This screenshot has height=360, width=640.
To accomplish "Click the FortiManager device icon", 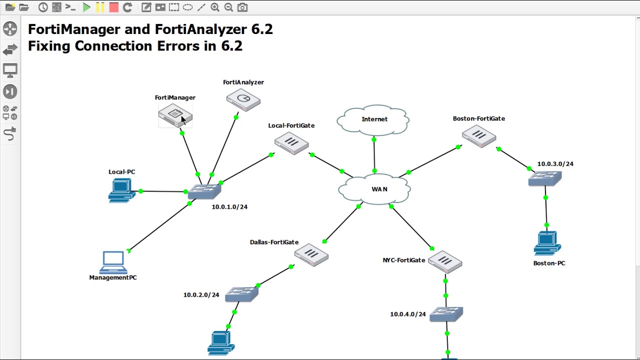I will pos(174,115).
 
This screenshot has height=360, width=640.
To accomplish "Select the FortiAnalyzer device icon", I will pos(243,99).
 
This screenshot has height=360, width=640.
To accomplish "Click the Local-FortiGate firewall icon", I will pos(291,143).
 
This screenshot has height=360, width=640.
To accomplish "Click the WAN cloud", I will pos(375,189).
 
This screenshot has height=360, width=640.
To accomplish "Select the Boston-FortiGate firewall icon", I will pos(479,136).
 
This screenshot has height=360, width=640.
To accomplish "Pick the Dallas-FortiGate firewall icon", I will pos(311,255).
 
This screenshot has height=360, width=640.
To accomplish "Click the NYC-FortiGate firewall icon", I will pos(445,262).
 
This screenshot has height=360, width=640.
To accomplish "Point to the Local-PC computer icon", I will pos(121,190).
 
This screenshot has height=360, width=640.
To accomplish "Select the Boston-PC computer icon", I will pos(547,243).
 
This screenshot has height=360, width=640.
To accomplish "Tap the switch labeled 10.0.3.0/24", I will pos(545,178).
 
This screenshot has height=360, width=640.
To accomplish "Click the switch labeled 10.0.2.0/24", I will pos(242,294).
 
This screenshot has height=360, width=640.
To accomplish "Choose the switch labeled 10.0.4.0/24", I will pos(446,314).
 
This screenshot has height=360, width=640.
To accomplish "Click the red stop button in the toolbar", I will pos(113,7).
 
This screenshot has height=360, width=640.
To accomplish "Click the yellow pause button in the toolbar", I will pos(100,7).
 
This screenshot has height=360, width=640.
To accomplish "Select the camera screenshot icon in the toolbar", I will pos(242,7).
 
